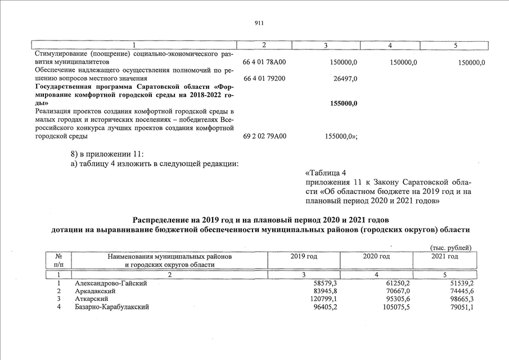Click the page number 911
tap(259, 23)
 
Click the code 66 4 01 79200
tap(264, 79)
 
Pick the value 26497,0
tap(345, 79)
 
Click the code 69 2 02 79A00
tap(264, 136)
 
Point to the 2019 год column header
tap(304, 256)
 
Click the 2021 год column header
tap(444, 256)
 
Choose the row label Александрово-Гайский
tap(111, 283)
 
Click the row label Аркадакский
tap(95, 291)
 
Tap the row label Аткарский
tap(92, 299)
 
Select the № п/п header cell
tap(59, 260)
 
